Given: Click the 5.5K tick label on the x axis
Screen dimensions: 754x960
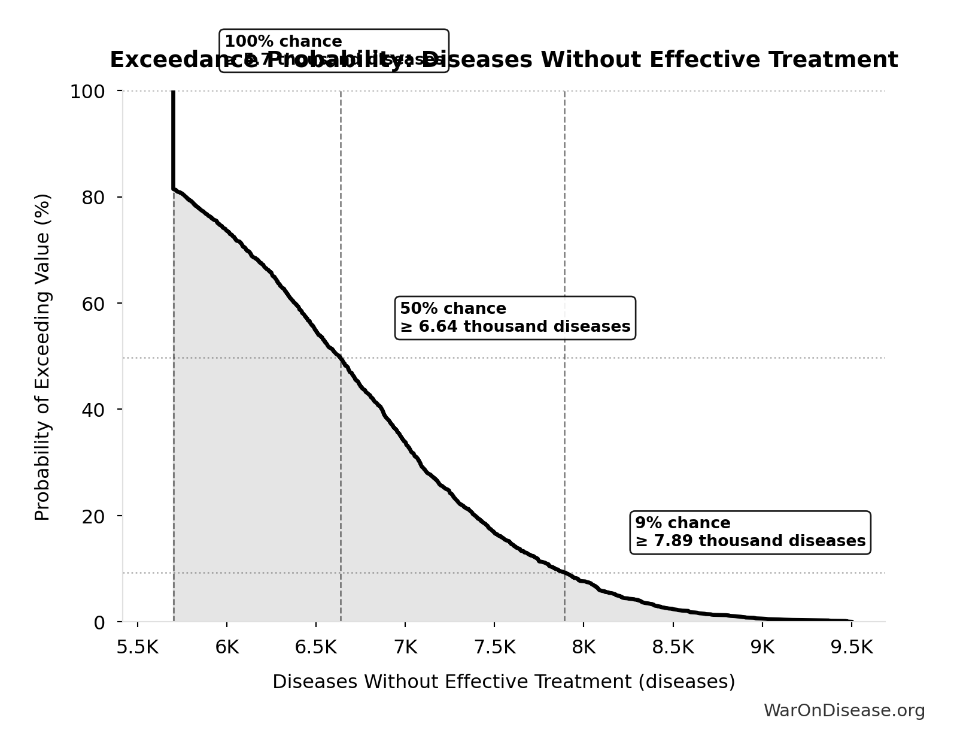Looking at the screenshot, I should coord(138,647).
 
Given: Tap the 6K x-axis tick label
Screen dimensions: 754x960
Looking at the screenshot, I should coord(227,647).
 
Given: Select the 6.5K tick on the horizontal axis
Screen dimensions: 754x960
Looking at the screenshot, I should coord(316,647).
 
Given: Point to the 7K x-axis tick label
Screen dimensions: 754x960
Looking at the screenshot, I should coord(405,647).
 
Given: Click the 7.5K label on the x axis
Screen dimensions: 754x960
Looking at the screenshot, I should coord(494,647).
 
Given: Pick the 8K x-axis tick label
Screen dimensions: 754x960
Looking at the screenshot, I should coord(584,647).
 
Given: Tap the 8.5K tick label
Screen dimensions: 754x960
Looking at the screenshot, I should coord(673,647).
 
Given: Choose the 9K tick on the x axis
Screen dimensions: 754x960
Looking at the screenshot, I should coord(762,647).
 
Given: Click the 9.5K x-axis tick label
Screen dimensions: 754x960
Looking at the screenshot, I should coord(851,647).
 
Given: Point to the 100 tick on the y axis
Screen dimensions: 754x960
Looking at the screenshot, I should coord(87,92).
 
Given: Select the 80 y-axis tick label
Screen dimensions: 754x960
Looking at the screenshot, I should coord(93,198).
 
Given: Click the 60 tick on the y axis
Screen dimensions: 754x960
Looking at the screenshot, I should coord(93,304).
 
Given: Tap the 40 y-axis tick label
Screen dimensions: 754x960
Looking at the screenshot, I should coord(93,410).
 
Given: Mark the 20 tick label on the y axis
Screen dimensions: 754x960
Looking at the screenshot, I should coord(93,516).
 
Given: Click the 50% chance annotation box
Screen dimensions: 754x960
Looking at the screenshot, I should coord(515,317).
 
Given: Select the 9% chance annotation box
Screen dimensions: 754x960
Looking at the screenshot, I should coord(750,532).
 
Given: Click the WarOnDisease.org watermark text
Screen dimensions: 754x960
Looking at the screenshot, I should coord(844,711).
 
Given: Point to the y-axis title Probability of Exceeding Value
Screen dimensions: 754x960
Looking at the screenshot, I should coord(42,357).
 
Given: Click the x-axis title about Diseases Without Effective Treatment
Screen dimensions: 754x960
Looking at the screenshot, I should coord(503,682).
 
